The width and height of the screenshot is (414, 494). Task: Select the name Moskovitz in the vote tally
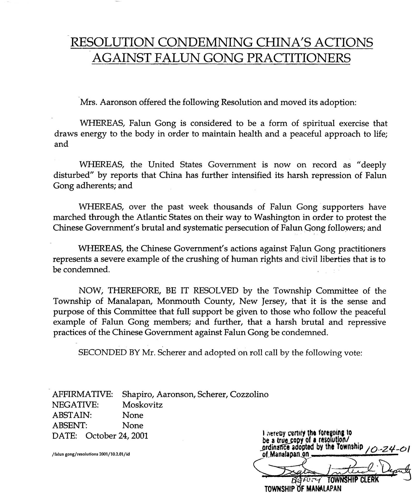[142, 405]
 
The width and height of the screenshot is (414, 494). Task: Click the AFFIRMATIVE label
[83, 394]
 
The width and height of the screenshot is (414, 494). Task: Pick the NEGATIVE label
[75, 405]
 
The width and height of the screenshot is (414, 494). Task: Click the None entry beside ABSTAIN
[133, 415]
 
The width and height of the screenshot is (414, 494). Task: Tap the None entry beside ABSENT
[133, 425]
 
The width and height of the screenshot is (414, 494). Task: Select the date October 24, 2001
[117, 436]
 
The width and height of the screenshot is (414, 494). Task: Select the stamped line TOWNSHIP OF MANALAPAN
[303, 489]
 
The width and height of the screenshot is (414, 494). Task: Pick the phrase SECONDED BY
[109, 353]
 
